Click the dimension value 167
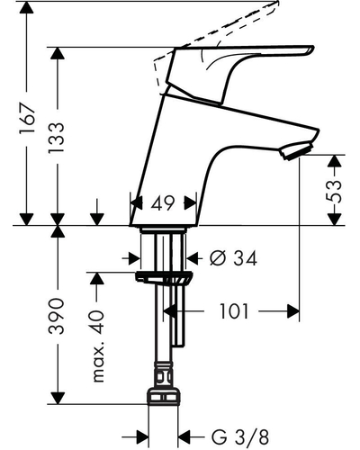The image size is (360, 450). tap(27, 118)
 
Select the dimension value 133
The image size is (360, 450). tap(57, 137)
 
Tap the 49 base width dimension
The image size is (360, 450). tap(162, 203)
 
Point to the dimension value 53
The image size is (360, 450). tap(334, 191)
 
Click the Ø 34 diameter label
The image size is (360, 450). tap(234, 258)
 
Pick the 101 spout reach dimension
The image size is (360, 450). tap(234, 311)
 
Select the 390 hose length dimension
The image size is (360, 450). tap(57, 316)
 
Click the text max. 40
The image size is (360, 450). tap(98, 346)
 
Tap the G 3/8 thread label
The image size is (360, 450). tap(240, 437)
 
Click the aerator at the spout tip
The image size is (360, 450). tap(296, 151)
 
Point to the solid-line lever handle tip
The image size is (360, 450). tap(312, 49)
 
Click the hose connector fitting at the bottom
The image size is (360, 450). tap(164, 396)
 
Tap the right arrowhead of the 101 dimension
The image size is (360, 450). tap(293, 311)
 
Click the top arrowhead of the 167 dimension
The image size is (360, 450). tap(27, 8)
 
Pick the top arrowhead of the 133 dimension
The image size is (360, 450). tap(57, 53)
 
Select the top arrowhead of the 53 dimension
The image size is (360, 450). tap(334, 161)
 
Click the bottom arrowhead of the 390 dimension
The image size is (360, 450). tap(57, 398)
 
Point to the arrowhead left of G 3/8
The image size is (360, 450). tap(143, 437)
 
